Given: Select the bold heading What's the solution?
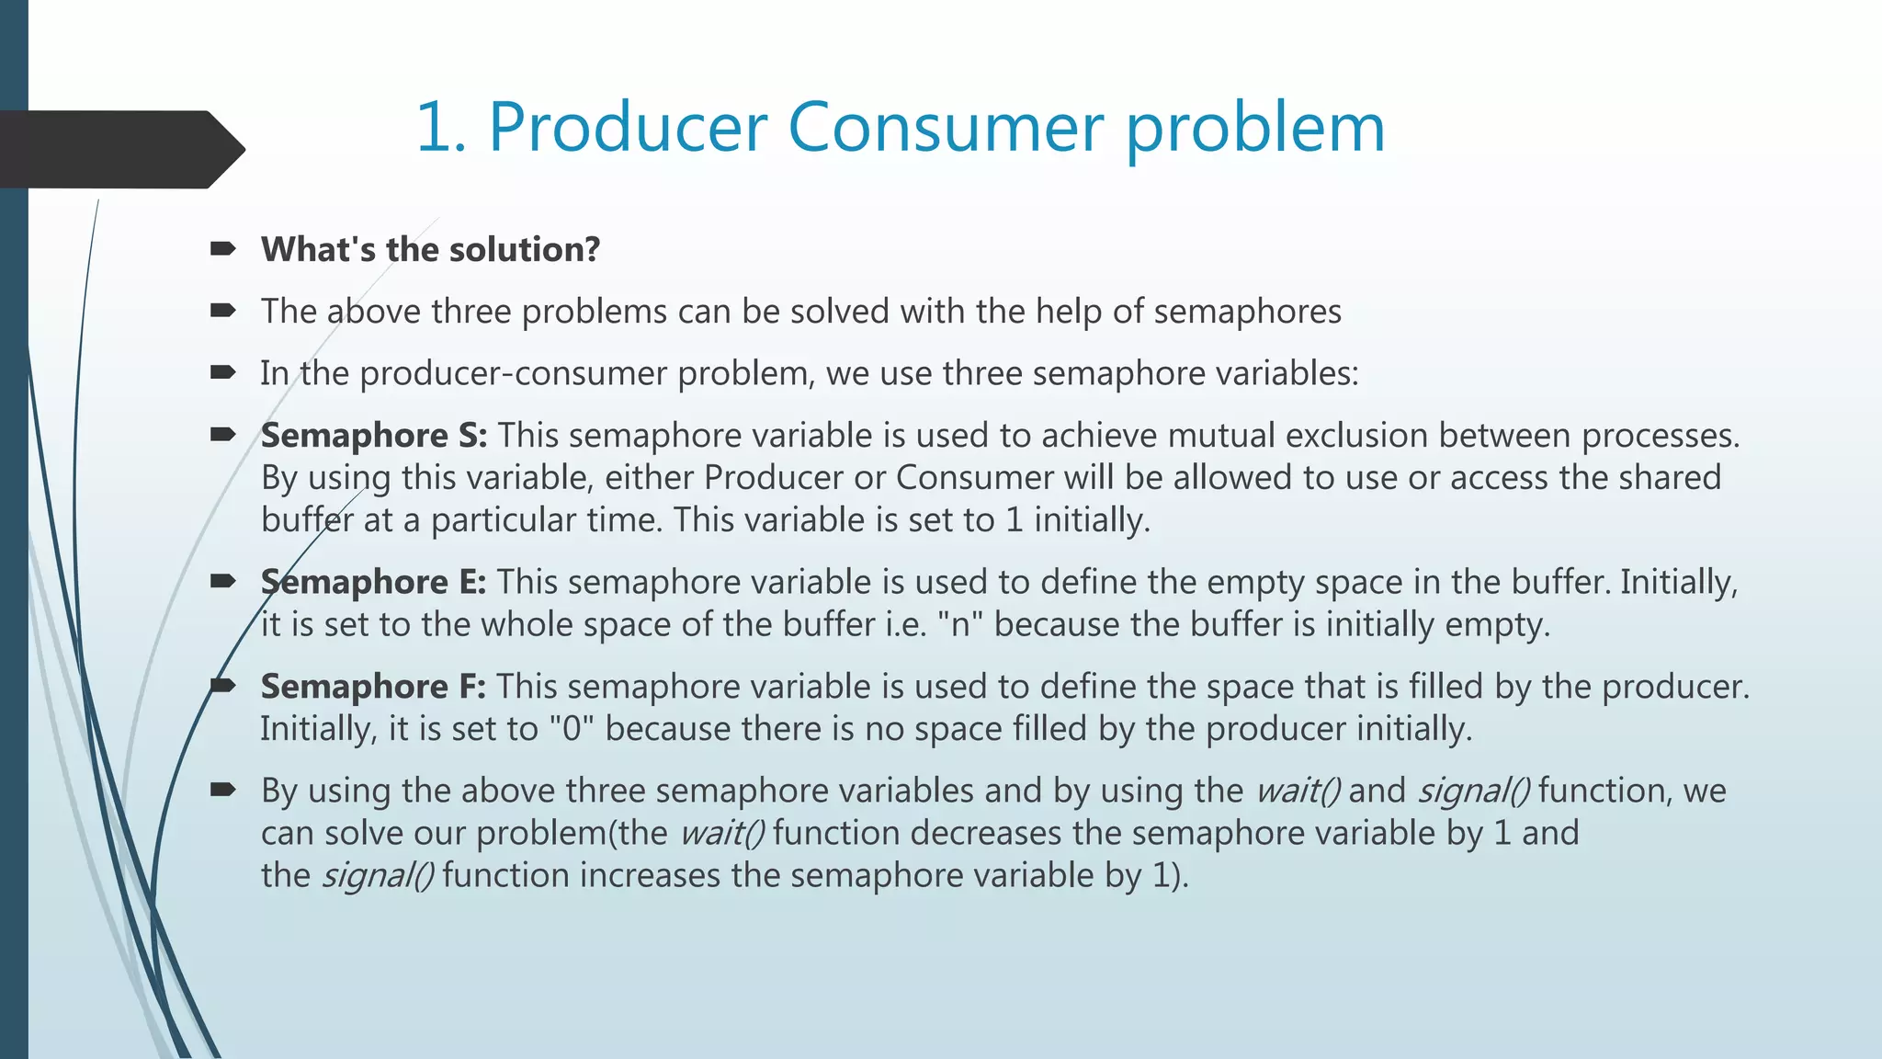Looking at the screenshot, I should pos(430,249).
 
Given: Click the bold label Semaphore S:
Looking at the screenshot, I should pos(373,435).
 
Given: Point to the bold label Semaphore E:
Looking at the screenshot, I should pos(373,582).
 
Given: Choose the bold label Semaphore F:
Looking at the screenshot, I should pos(373,687).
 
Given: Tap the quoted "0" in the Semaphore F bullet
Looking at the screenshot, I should pos(572,728).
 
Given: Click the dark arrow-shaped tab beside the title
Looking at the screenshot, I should pos(119,149).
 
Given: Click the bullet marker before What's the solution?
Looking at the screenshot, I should pos(223,249).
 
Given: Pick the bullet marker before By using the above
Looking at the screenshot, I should pos(223,791).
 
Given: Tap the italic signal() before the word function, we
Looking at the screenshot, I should pos(1473,791).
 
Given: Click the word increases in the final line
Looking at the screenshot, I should pos(650,875).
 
